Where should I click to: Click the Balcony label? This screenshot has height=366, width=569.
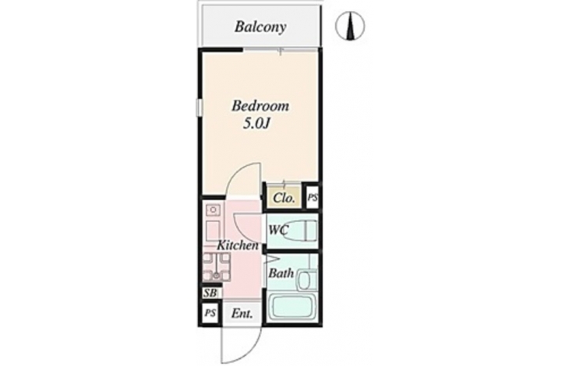tap(260, 26)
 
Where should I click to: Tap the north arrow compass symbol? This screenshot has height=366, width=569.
tap(350, 26)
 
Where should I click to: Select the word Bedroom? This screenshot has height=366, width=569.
tap(260, 106)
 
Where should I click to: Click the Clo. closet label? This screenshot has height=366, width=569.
tap(284, 198)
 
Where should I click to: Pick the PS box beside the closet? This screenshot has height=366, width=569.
tap(313, 198)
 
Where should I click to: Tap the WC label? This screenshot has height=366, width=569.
tap(278, 230)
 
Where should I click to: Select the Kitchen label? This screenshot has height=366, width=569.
tap(238, 245)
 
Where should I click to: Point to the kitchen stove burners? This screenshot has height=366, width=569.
tap(216, 267)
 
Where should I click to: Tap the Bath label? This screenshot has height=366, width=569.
tap(281, 273)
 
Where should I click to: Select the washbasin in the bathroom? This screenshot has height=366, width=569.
tap(307, 280)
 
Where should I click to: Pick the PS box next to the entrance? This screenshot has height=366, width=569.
tap(210, 312)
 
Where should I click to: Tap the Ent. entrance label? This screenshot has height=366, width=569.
tap(242, 313)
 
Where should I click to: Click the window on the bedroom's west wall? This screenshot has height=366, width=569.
tap(199, 107)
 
